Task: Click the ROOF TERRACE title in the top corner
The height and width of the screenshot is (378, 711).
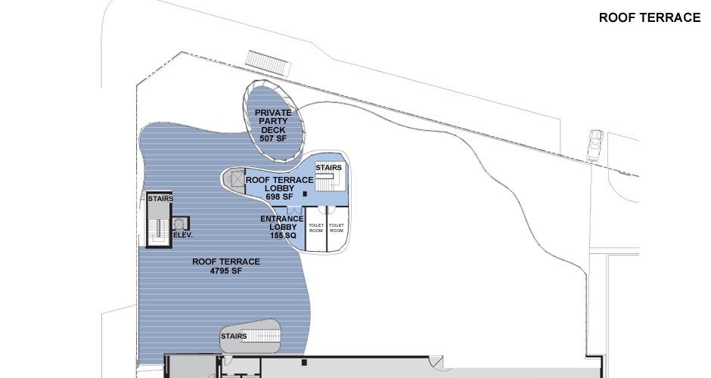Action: (649, 18)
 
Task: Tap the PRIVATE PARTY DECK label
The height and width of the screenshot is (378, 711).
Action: (273, 120)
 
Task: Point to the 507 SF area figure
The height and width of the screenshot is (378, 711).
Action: (273, 138)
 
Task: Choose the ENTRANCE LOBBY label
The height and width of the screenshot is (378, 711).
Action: (281, 223)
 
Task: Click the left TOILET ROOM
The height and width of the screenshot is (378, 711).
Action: (315, 227)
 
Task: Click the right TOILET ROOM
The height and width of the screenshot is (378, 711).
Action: (337, 227)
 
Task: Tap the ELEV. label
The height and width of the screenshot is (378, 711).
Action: (183, 235)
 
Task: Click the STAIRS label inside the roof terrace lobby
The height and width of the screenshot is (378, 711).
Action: (328, 168)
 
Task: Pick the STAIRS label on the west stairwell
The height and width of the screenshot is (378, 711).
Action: (160, 199)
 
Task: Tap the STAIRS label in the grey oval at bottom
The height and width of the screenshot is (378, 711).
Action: (234, 336)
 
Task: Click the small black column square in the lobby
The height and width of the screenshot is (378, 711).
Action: (304, 195)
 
